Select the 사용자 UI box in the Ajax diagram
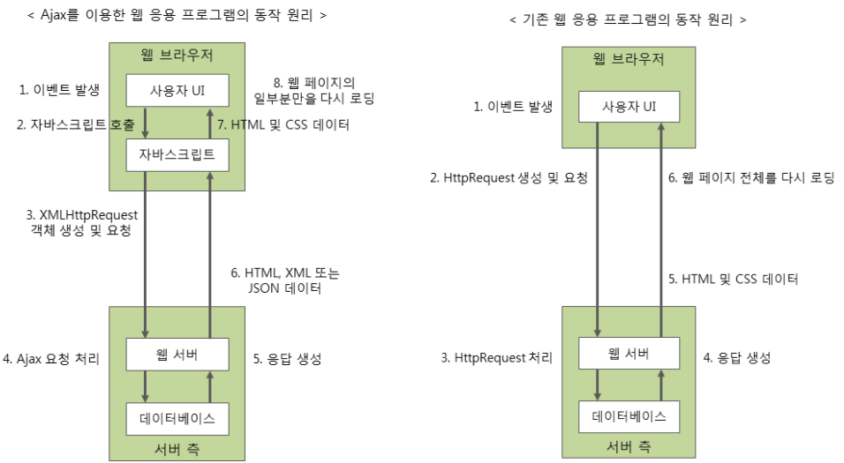click(177, 90)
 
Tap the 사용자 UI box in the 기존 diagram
click(629, 107)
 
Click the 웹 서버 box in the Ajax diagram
click(177, 354)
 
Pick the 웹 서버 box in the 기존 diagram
click(629, 354)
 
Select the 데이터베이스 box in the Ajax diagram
click(177, 415)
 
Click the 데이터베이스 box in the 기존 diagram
click(629, 415)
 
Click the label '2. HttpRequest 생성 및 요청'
click(509, 177)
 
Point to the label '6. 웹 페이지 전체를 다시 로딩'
click(750, 177)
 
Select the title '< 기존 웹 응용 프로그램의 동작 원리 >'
click(628, 19)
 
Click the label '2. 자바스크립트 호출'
click(75, 125)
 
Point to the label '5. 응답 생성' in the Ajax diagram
click(287, 359)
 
